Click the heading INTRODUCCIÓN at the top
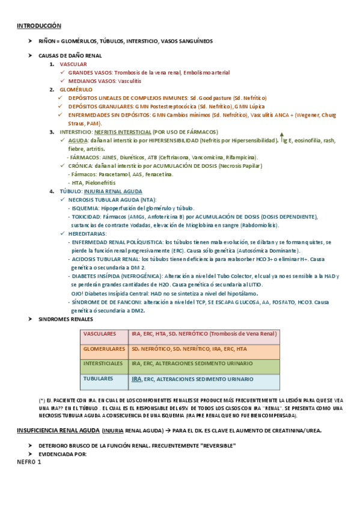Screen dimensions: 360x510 pyautogui.click(x=39, y=26)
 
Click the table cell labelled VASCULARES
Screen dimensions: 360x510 pyautogui.click(x=100, y=333)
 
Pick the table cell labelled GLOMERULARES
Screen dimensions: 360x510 pyautogui.click(x=104, y=348)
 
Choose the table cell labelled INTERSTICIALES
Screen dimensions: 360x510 pyautogui.click(x=104, y=364)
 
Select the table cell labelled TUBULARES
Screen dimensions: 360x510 pyautogui.click(x=98, y=379)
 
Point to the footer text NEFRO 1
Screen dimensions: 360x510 pyautogui.click(x=29, y=462)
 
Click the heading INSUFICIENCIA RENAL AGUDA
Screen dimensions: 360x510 pyautogui.click(x=57, y=430)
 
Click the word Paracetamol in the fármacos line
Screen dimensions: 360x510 pyautogui.click(x=113, y=174)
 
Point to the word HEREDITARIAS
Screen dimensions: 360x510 pyautogui.click(x=88, y=233)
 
